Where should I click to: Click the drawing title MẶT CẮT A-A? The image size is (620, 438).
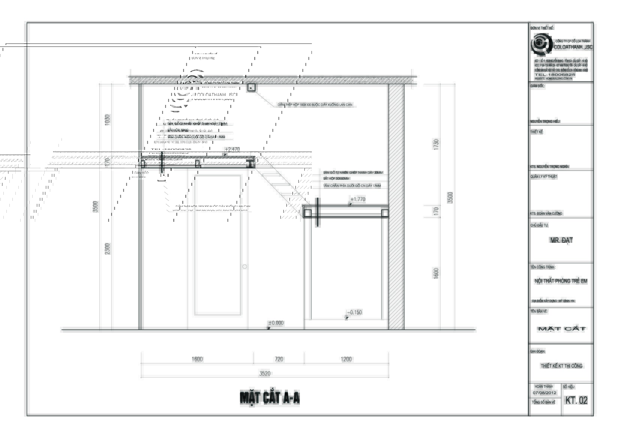point(270,398)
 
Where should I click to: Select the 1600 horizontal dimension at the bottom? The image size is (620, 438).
point(197,359)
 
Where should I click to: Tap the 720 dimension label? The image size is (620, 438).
point(279,359)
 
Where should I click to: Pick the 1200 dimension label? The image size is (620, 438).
point(346,359)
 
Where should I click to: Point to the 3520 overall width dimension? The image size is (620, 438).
point(265,373)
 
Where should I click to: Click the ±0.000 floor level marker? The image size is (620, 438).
point(276,323)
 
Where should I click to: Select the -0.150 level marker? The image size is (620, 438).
point(354,312)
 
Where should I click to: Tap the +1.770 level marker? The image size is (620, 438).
point(358,199)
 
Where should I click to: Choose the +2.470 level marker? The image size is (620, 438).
point(232,149)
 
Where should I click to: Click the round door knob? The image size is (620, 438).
point(245,267)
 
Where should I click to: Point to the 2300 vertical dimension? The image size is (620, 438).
point(108,249)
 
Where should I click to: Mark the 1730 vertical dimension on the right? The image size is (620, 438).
point(436,144)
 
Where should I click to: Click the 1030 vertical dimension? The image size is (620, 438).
point(108,120)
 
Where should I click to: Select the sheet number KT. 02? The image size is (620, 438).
point(576,401)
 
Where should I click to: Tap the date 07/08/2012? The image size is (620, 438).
point(544,393)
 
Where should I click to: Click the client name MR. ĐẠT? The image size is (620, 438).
point(561,240)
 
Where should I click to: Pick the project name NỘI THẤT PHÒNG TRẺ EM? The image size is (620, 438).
point(561,281)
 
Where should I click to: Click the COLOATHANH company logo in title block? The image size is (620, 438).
point(541,44)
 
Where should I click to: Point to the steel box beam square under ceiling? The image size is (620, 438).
point(251,88)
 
